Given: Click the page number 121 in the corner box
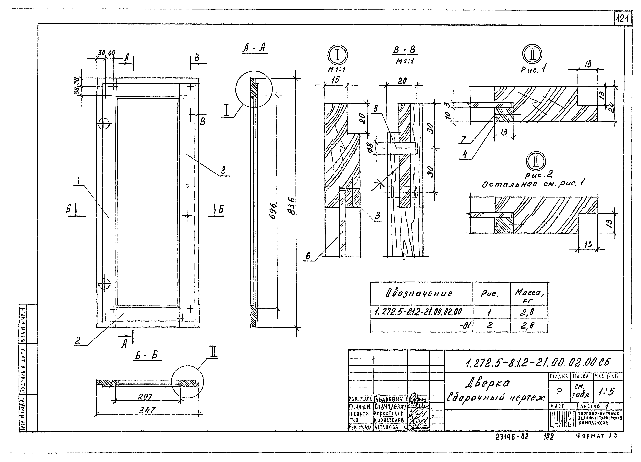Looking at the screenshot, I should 623,19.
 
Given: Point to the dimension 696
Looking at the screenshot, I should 273,210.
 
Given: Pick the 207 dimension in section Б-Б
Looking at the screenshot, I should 145,397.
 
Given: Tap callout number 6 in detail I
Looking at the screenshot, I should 308,256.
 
